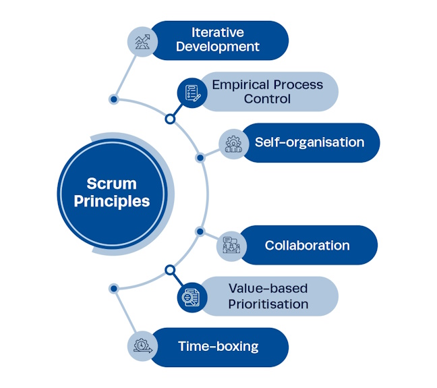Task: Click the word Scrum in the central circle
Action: (x=111, y=184)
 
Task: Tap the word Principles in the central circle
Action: (x=111, y=201)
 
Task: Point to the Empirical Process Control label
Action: (x=267, y=92)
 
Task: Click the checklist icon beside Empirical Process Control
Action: (x=192, y=92)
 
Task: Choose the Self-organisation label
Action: (x=309, y=142)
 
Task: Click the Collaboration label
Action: (x=307, y=246)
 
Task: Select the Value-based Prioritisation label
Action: (x=267, y=296)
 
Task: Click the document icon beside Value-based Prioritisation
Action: (x=192, y=297)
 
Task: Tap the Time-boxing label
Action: (x=218, y=347)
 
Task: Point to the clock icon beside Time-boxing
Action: (x=142, y=347)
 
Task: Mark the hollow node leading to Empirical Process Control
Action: (x=170, y=119)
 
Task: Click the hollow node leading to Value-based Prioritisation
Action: (x=170, y=270)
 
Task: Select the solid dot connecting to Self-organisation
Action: (x=200, y=158)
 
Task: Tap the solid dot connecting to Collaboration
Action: (x=200, y=231)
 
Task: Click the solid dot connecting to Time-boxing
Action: (x=113, y=288)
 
